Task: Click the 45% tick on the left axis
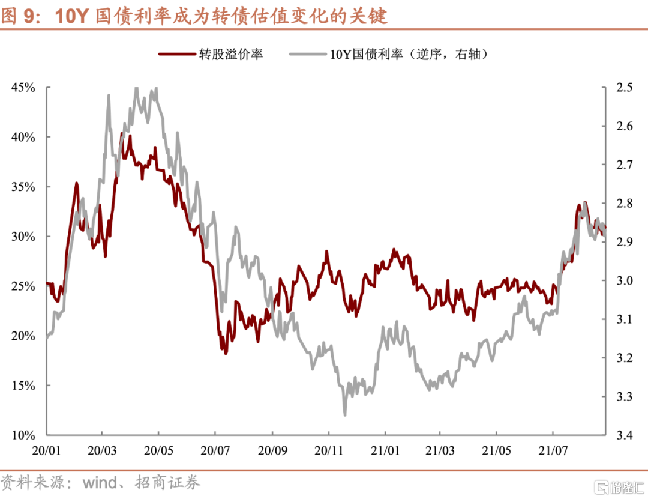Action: (23, 88)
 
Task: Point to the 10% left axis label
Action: (23, 435)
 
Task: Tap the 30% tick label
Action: (23, 237)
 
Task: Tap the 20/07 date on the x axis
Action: (215, 449)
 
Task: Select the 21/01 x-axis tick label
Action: (385, 449)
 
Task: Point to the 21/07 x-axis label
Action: (554, 449)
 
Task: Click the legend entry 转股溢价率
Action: (231, 54)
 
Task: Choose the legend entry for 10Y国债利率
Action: (408, 54)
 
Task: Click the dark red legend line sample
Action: (178, 54)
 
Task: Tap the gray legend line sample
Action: (308, 54)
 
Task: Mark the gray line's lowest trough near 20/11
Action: (345, 414)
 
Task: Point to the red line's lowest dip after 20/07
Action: (226, 353)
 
